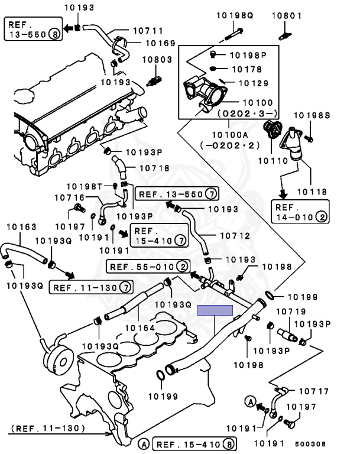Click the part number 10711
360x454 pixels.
pos(148,30)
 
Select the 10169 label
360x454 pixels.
pos(161,43)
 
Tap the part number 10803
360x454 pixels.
pos(157,59)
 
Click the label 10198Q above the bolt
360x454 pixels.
pos(235,15)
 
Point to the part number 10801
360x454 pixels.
pos(287,15)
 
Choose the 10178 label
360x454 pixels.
pos(247,69)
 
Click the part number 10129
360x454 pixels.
pos(254,83)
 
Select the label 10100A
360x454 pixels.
pos(231,135)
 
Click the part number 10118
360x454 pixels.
pos(312,192)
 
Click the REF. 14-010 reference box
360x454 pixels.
pos(300,212)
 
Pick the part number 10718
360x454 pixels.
pos(155,168)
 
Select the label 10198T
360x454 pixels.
pos(85,186)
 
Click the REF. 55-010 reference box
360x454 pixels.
pos(148,267)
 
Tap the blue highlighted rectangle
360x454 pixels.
pos(215,310)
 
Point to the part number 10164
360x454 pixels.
pos(140,328)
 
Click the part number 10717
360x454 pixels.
pos(314,391)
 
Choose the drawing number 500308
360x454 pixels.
pos(310,444)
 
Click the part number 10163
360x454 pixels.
pos(21,227)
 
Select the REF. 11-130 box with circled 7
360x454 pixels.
pos(91,287)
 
